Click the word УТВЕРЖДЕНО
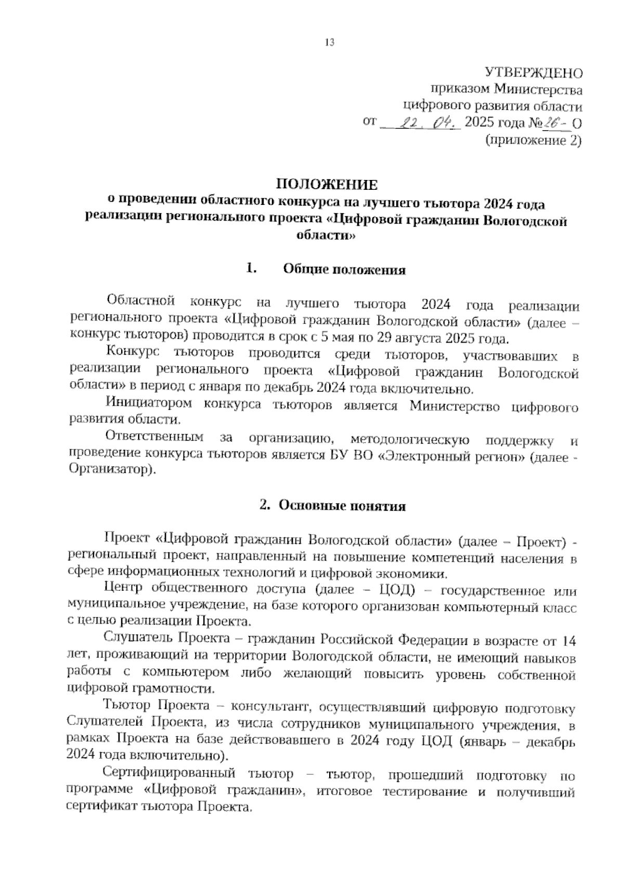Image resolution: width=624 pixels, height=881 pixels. coord(534,73)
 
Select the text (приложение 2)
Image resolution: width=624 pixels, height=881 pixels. coord(533,140)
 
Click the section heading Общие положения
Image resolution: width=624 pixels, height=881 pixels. coord(344,270)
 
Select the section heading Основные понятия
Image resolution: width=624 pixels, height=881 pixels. coord(342,506)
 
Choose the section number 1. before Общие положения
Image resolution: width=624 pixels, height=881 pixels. coord(252,269)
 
